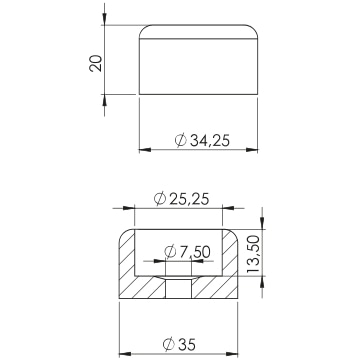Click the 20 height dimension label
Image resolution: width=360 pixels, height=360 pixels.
95,63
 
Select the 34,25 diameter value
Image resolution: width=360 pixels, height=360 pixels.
210,141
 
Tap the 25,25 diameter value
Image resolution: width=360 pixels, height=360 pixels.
189,199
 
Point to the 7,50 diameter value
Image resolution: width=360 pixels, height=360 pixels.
195,252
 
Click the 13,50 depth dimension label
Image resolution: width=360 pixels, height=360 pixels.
253,254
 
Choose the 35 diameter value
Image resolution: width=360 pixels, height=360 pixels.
187,344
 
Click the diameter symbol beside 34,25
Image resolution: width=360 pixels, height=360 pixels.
181,140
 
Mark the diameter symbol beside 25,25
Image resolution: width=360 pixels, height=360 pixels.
160,199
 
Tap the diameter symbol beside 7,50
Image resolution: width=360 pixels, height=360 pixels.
170,252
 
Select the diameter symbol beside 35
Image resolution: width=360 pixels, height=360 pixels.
169,344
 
